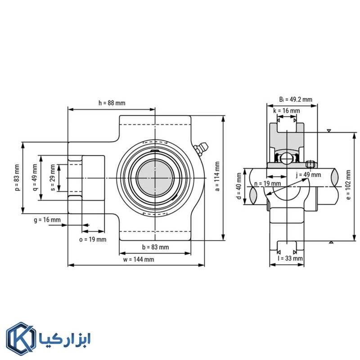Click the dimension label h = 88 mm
(x=112, y=103)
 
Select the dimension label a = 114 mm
(x=217, y=176)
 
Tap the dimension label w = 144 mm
(x=138, y=260)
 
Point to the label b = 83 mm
(x=155, y=247)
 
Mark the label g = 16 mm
(x=47, y=220)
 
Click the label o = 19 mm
(x=93, y=239)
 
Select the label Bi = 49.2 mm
(x=295, y=99)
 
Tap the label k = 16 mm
(x=286, y=111)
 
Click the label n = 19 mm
(x=267, y=184)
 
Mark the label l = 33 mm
(x=290, y=259)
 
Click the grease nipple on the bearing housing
(x=200, y=148)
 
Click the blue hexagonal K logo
(x=21, y=338)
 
